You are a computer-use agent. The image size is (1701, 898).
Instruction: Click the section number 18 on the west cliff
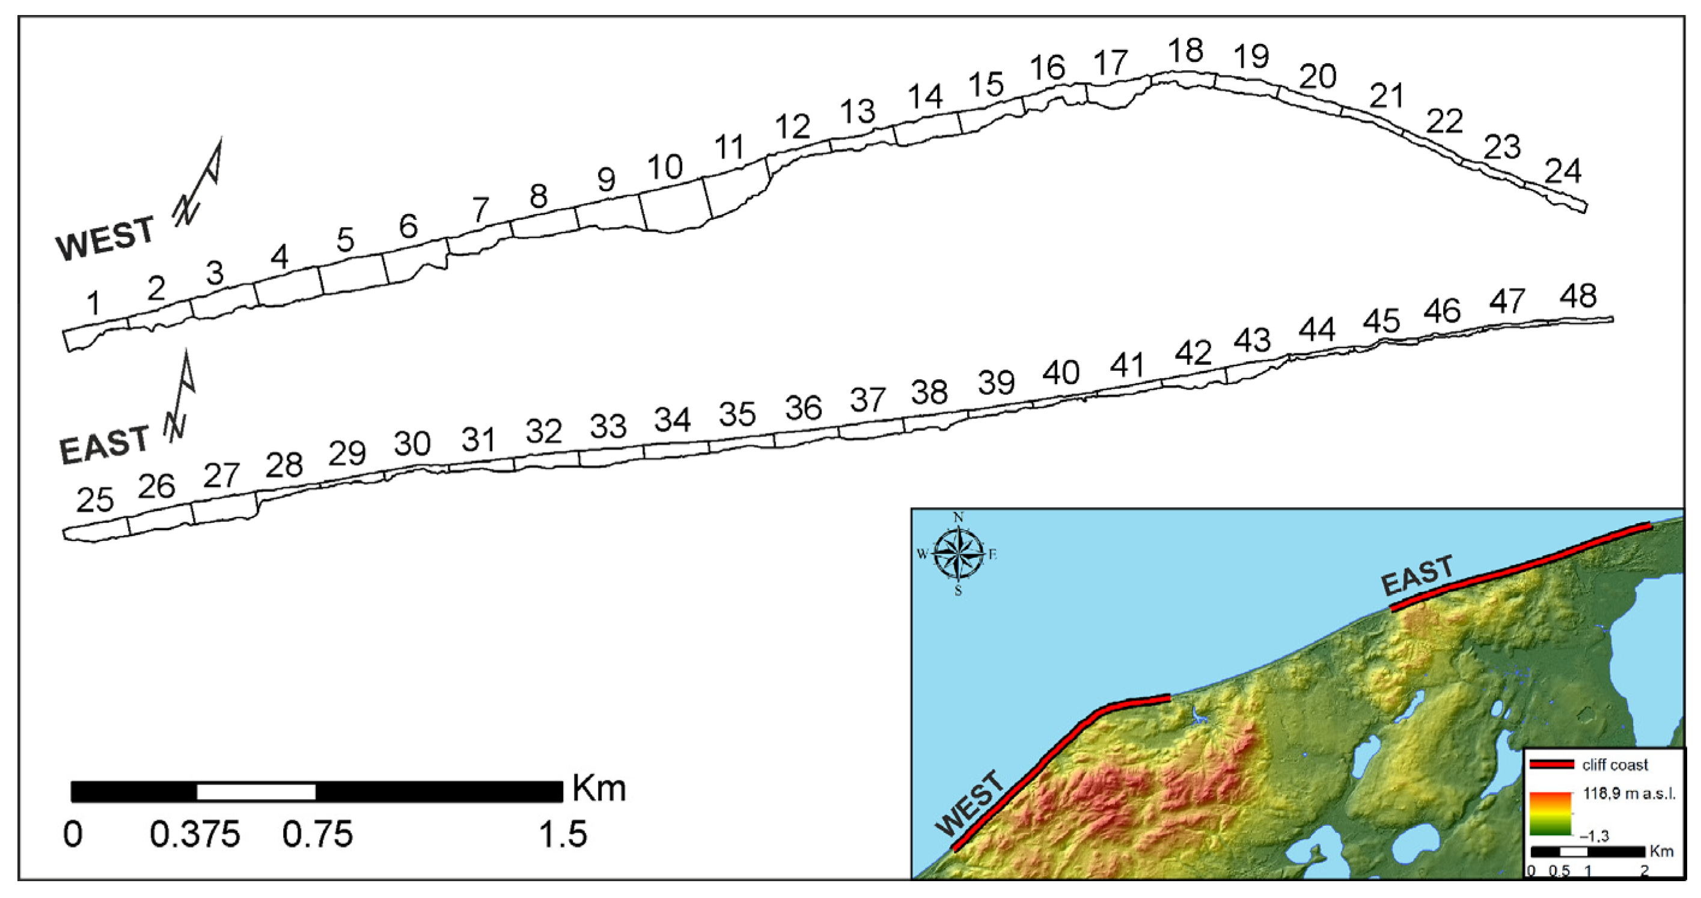coord(1185,51)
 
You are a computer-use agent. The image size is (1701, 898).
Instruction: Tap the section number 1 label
coord(93,304)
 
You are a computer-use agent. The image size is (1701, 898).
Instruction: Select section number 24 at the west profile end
coord(1563,172)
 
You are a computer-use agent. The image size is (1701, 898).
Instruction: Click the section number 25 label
coord(95,501)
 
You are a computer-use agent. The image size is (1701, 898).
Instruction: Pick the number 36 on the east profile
coord(803,408)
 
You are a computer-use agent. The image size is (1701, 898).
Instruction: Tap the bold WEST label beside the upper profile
coord(105,239)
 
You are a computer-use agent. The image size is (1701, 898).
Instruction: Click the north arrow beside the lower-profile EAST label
coord(180,396)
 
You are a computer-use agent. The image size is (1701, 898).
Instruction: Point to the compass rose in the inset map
coord(958,554)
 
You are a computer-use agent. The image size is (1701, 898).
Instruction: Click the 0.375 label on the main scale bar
coord(195,835)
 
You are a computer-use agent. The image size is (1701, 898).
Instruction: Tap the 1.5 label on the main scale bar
coord(563,835)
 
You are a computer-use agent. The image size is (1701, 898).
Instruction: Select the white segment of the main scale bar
coord(256,791)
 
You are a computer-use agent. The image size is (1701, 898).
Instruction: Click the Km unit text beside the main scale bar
coord(598,789)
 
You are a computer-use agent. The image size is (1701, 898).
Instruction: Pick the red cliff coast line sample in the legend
coord(1552,765)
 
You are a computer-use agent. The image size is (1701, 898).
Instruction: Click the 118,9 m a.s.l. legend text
coord(1629,793)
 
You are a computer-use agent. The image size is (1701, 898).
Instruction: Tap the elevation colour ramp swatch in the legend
coord(1551,814)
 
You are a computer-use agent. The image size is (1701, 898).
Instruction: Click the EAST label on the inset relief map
coord(1417,575)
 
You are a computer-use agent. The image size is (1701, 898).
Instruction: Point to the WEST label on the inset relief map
coord(970,803)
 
